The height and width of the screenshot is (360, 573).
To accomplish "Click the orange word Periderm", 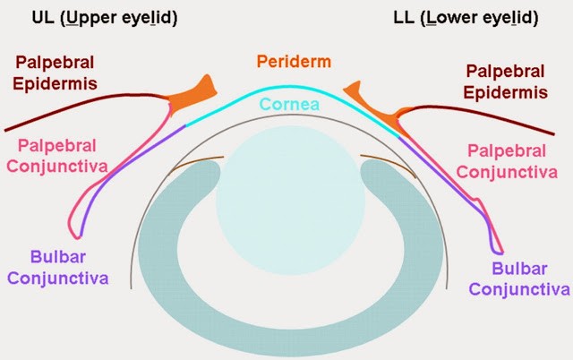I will pos(292,63).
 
